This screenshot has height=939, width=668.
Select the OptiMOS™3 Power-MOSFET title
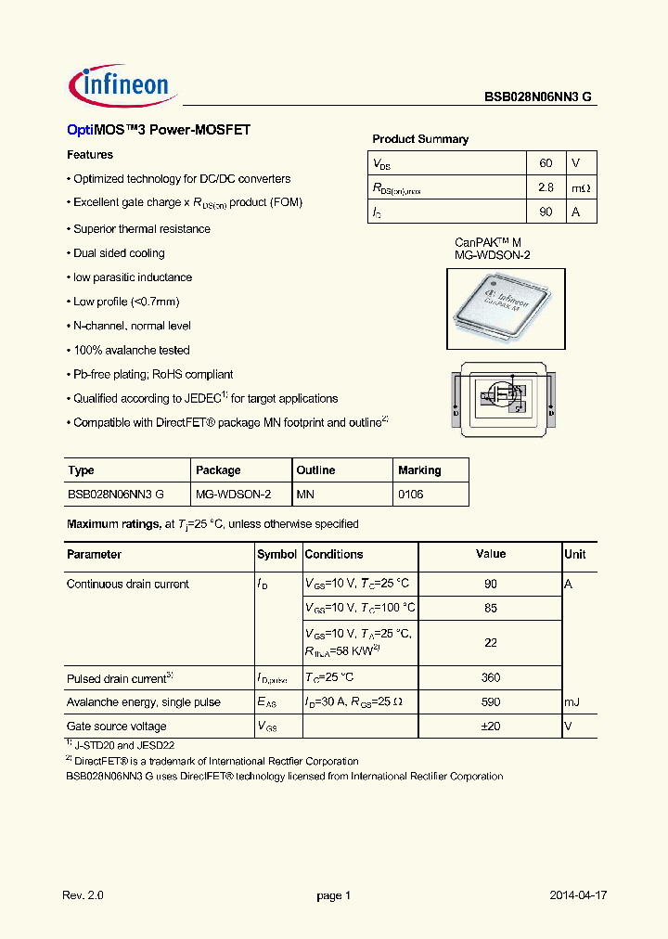(159, 131)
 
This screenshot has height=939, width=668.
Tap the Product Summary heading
(420, 139)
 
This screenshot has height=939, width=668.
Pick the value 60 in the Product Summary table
(545, 163)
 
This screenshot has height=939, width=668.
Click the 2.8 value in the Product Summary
(545, 187)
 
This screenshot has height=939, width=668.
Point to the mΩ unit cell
(580, 188)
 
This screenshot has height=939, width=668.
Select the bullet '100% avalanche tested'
(131, 351)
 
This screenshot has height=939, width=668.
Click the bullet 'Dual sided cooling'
(119, 253)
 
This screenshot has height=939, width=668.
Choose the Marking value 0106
(410, 495)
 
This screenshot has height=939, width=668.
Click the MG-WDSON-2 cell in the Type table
(233, 495)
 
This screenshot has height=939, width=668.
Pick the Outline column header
(315, 470)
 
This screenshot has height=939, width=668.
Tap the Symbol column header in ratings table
(276, 555)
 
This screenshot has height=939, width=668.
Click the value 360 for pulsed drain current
(491, 678)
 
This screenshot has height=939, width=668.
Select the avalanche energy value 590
(491, 702)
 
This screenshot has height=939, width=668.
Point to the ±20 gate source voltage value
(491, 727)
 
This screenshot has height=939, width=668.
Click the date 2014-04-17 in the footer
(578, 895)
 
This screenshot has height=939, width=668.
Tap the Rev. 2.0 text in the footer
(83, 895)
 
